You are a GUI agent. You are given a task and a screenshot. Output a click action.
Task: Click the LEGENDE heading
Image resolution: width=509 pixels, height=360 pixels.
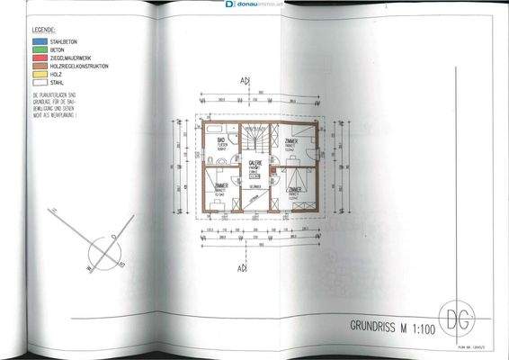[x=47, y=27]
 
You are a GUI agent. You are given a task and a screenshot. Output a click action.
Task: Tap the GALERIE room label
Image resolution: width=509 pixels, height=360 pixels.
[x=255, y=163]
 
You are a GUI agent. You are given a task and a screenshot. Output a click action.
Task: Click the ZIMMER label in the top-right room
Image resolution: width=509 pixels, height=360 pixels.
[x=292, y=142]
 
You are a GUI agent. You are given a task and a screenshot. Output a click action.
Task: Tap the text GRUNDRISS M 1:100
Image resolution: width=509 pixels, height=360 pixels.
[x=388, y=322]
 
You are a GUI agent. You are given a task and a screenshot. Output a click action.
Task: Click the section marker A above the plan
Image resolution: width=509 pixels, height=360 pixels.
[x=242, y=81]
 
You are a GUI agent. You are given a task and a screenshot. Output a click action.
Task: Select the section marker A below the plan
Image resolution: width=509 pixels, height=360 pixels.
[x=242, y=268]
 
